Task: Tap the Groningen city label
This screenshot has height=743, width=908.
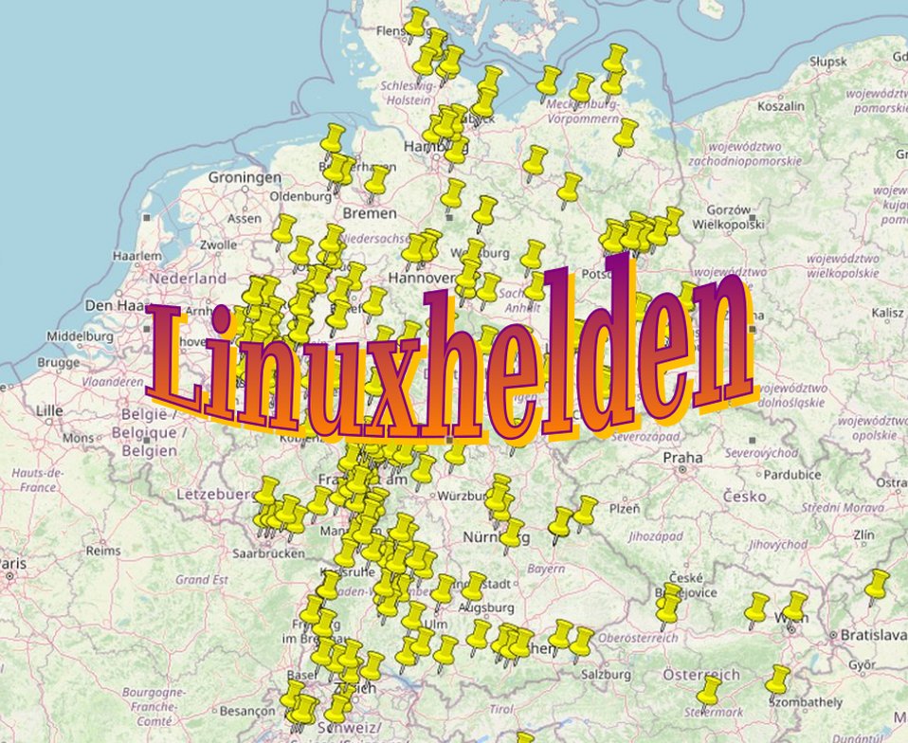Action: click(x=245, y=177)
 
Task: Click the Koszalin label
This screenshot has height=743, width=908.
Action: click(x=781, y=106)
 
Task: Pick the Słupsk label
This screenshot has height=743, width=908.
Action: click(x=828, y=62)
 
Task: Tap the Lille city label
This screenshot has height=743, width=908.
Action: click(x=48, y=410)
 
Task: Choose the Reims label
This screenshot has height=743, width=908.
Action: click(x=102, y=550)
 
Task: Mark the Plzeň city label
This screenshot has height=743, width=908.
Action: click(x=624, y=508)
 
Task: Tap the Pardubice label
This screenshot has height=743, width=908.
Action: click(x=765, y=474)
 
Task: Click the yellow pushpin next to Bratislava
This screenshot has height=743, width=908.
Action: click(x=877, y=585)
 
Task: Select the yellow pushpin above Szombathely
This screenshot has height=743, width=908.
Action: click(x=778, y=678)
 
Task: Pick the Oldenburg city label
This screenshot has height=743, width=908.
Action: click(x=301, y=196)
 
